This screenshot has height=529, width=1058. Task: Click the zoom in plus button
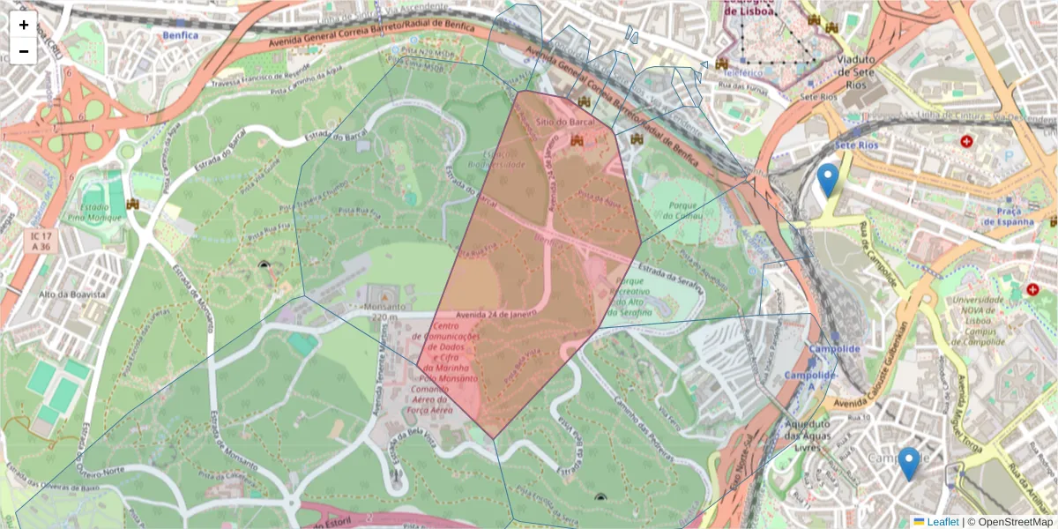tap(24, 25)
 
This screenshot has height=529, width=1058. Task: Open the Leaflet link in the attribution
tap(942, 522)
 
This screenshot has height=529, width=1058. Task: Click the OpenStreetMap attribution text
tap(1015, 522)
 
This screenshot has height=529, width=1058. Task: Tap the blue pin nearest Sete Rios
tap(827, 180)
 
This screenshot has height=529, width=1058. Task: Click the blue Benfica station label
tap(180, 35)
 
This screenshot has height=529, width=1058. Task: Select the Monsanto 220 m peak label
tap(381, 312)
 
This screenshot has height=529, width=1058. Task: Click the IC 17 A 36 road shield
tap(40, 242)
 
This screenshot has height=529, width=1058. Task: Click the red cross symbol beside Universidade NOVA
tap(1032, 289)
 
